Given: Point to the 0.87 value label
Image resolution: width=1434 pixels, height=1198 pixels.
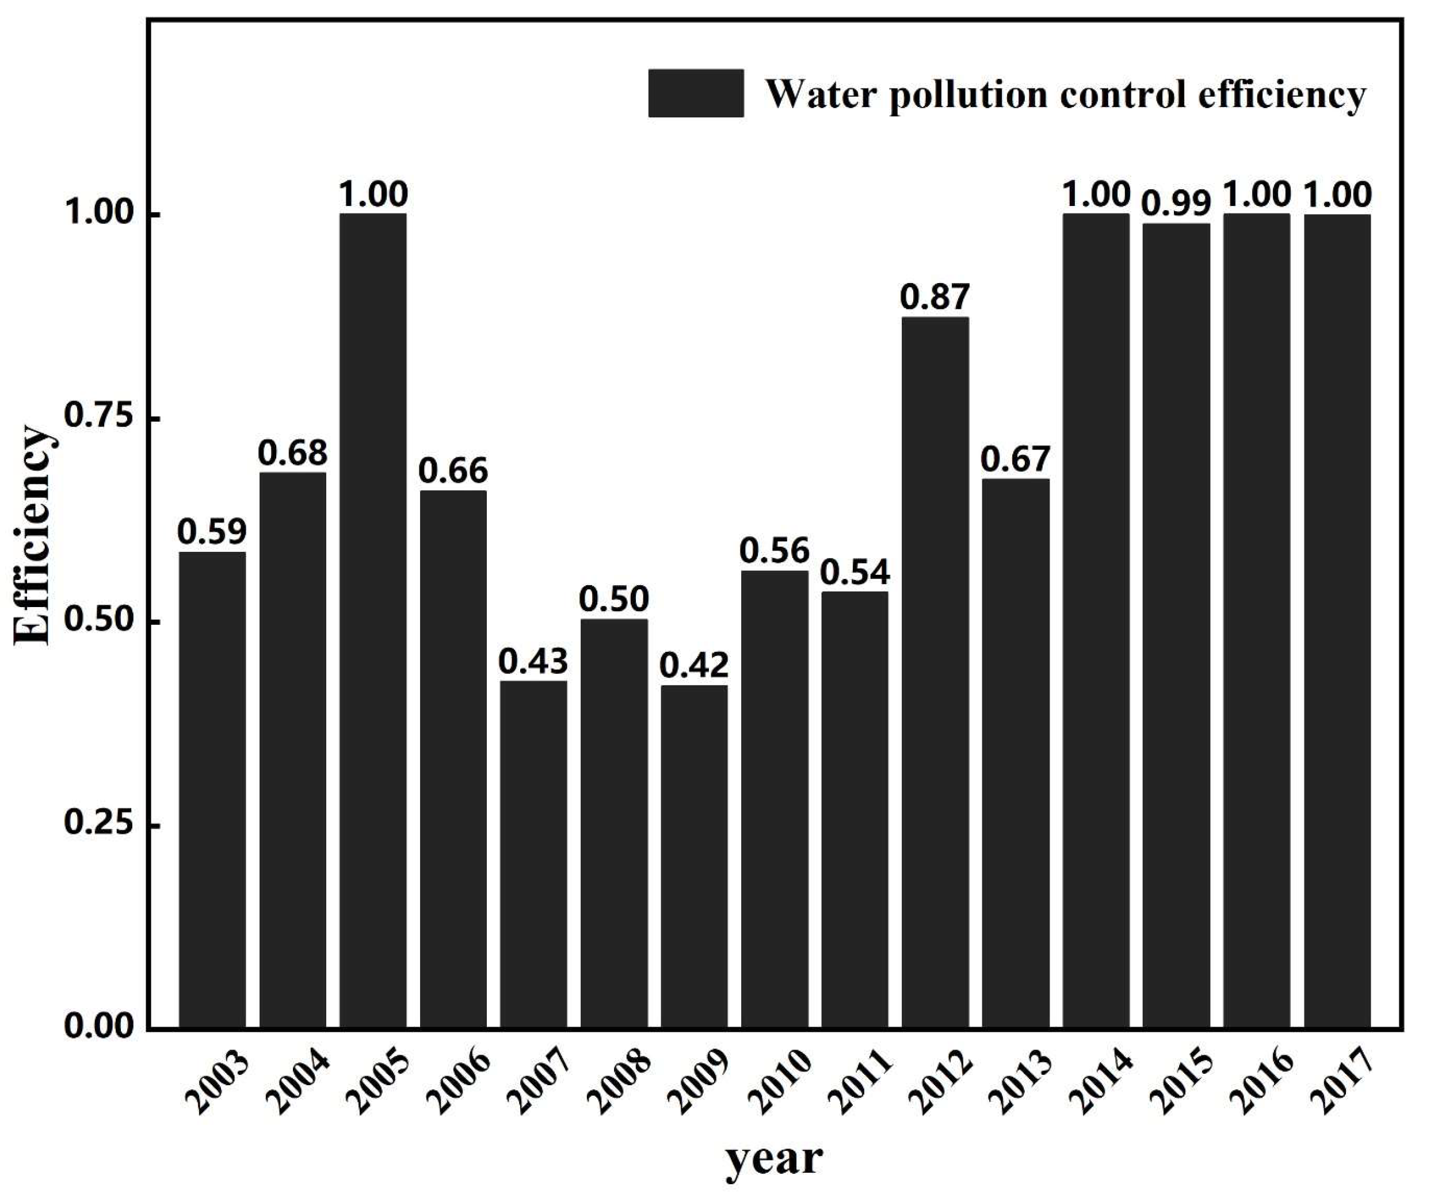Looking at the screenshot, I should point(935,297).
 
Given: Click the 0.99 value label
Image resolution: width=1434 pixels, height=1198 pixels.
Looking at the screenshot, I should point(1176,204).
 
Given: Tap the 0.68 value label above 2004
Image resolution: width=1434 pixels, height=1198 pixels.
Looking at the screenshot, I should point(292,453).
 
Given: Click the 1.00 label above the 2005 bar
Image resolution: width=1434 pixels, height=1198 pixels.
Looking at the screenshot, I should point(373,194).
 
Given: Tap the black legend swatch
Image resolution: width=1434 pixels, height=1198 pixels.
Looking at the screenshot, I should point(696,94).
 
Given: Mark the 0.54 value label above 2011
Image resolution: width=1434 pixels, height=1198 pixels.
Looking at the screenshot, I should point(855,573).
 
